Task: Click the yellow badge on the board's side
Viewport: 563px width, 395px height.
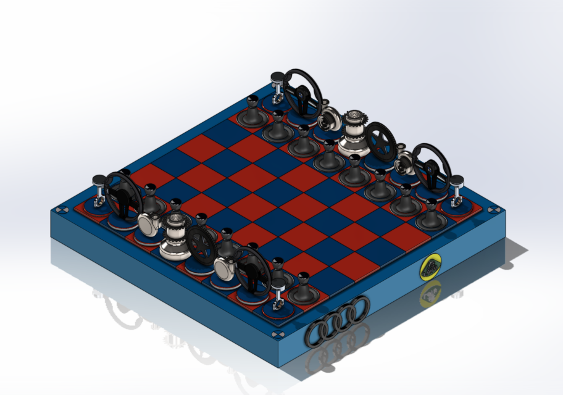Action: coord(431,268)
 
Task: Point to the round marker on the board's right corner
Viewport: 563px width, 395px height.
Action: coord(493,210)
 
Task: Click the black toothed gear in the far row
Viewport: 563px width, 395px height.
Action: coord(379,141)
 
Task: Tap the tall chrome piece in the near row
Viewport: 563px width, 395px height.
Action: coord(174,235)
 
